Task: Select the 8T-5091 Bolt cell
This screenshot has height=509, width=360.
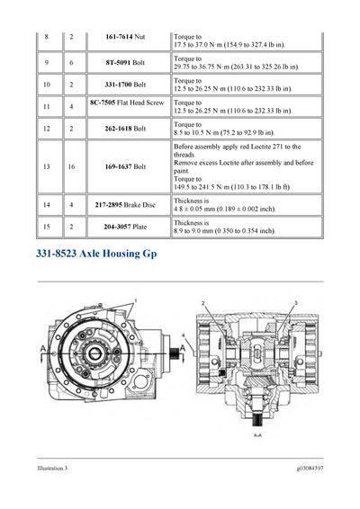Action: pos(126,63)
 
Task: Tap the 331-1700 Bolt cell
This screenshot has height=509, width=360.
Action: pos(126,84)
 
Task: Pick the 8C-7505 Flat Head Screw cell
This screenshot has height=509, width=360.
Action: pos(126,105)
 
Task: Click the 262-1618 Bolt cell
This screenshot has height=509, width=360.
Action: pos(126,127)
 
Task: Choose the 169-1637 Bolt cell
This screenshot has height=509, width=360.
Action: pos(126,166)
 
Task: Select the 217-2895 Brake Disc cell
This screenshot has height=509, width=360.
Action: pos(126,205)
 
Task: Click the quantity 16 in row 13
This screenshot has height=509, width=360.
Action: pos(71,166)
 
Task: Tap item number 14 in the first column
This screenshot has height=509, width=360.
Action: pos(47,205)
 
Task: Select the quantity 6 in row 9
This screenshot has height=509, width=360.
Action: pos(71,63)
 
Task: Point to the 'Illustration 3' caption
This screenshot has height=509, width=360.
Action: pos(46,469)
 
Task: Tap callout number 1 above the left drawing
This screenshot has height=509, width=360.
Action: pos(135,300)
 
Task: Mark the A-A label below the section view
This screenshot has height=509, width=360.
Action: pos(258,433)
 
